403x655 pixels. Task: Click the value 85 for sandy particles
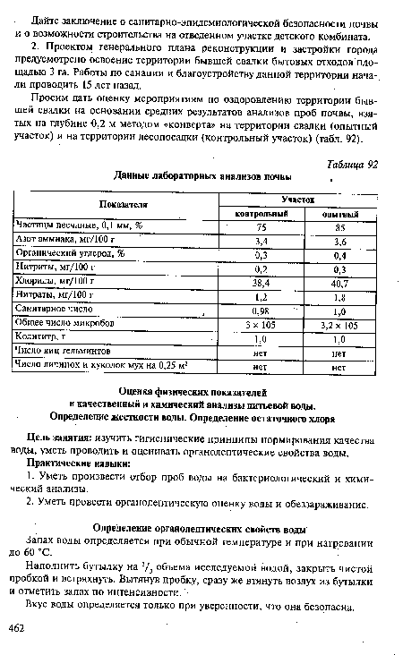pos(339,227)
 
